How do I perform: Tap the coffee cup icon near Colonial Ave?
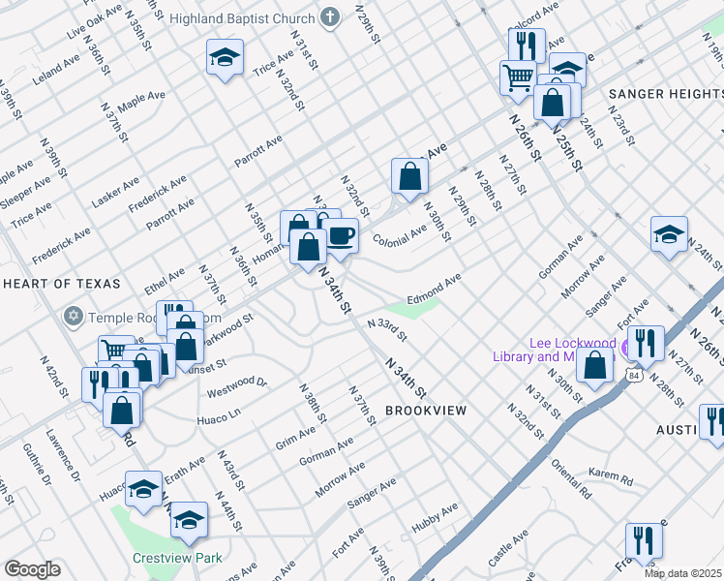click(340, 235)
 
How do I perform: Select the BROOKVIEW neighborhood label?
click(426, 411)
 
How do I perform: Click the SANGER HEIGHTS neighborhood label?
click(665, 94)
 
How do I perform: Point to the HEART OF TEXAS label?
click(62, 284)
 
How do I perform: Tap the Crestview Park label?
click(178, 558)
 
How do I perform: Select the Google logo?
click(33, 569)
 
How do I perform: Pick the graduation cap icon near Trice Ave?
click(225, 58)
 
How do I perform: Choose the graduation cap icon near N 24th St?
click(669, 234)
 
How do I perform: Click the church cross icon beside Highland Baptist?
click(331, 18)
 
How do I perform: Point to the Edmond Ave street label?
click(435, 289)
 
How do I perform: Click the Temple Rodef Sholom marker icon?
click(73, 317)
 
